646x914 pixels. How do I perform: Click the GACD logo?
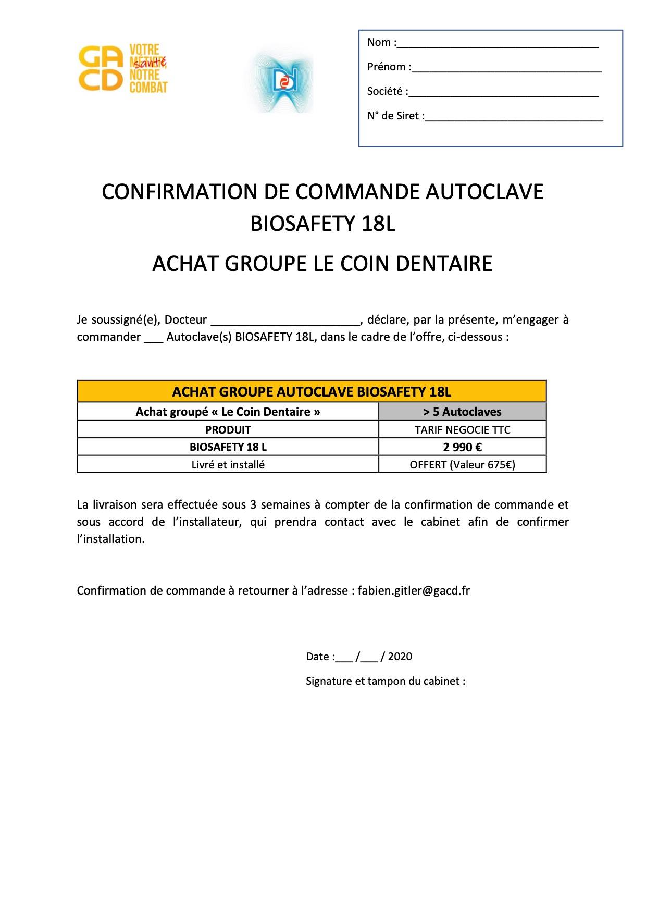pos(123,68)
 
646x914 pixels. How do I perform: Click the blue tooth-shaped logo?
pos(284,81)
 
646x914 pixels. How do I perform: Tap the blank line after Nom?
pos(498,44)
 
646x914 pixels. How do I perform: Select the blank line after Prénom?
pos(506,68)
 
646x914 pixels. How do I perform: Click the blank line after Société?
pos(504,93)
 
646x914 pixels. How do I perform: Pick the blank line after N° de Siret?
pos(514,117)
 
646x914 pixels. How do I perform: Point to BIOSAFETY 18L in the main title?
pos(323,224)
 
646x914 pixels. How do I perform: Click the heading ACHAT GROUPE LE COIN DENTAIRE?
pos(322,264)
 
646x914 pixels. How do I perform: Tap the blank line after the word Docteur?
pos(285,320)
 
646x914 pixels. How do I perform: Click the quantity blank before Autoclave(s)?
pos(153,338)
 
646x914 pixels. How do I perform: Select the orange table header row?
pos(312,391)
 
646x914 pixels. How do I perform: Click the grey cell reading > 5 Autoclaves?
pos(462,412)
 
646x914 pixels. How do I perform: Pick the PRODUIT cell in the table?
pos(228,430)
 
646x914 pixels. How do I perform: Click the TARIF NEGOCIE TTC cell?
pos(462,430)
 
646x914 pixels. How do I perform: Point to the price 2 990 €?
pos(462,447)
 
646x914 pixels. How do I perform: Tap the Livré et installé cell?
pos(228,465)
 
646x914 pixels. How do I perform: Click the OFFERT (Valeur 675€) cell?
pos(462,465)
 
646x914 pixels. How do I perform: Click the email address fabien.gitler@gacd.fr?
pos(414,591)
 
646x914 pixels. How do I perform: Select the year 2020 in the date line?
pos(400,657)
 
